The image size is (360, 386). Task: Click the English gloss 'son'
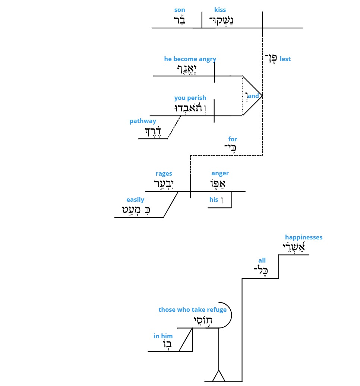tap(179, 10)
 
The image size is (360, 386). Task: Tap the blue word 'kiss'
tap(220, 10)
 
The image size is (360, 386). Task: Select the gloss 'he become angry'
tap(190, 59)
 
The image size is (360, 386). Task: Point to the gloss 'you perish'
tap(190, 98)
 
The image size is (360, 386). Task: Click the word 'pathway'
tap(143, 121)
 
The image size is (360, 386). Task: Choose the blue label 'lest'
tap(285, 59)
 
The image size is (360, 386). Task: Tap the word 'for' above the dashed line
tap(232, 139)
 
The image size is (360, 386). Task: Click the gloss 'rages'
tap(164, 174)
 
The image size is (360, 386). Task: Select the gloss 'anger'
tap(220, 173)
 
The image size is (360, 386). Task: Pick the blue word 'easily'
tap(135, 200)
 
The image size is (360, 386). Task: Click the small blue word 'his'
tap(214, 200)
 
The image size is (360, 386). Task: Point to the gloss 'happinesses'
tap(303, 237)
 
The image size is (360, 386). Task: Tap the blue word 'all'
tap(262, 260)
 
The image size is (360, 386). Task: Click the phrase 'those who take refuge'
tap(192, 310)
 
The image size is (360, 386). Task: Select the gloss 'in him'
tap(163, 336)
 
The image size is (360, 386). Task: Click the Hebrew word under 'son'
tap(179, 20)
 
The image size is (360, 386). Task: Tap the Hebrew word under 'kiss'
tap(221, 21)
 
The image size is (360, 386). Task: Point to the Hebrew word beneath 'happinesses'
tap(294, 247)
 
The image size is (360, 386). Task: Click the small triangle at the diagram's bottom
tap(218, 376)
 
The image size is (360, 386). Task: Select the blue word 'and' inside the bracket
tap(253, 96)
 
